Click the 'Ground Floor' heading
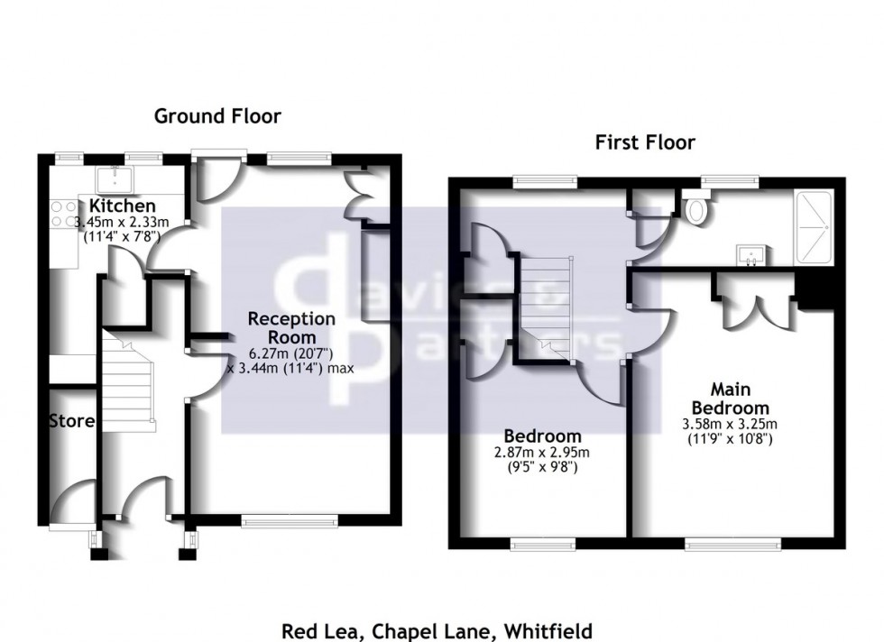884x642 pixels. (217, 115)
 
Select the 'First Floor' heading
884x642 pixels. (644, 142)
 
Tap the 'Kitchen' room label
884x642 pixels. (122, 206)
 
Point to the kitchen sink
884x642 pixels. (114, 177)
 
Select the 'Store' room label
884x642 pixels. (71, 420)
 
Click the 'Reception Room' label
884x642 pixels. (291, 326)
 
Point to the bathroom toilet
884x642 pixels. (696, 211)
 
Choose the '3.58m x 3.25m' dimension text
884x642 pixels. (732, 424)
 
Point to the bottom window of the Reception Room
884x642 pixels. (290, 519)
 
